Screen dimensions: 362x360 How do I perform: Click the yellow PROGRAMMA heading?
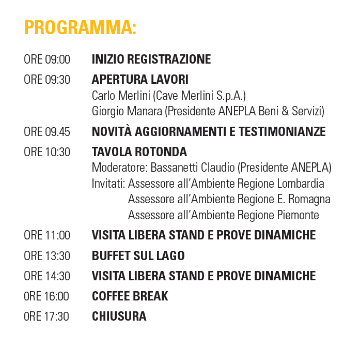tap(80, 28)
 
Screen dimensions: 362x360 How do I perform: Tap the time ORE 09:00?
tap(47, 59)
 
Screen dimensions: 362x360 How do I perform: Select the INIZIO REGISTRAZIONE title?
tap(151, 59)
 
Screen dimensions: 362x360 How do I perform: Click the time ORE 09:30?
tap(47, 80)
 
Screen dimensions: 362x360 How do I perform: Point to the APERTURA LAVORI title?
tap(140, 80)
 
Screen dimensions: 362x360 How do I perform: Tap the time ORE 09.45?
tap(47, 132)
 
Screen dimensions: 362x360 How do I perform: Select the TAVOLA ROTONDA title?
tap(139, 153)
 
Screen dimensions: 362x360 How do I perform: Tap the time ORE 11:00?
tap(47, 235)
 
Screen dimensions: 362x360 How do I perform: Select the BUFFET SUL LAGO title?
tap(138, 256)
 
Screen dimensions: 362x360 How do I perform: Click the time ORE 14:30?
tap(47, 276)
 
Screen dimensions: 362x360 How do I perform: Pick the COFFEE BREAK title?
tap(130, 296)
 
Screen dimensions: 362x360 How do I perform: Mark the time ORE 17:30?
tap(46, 316)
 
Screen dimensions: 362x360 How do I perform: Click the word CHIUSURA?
tap(119, 316)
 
